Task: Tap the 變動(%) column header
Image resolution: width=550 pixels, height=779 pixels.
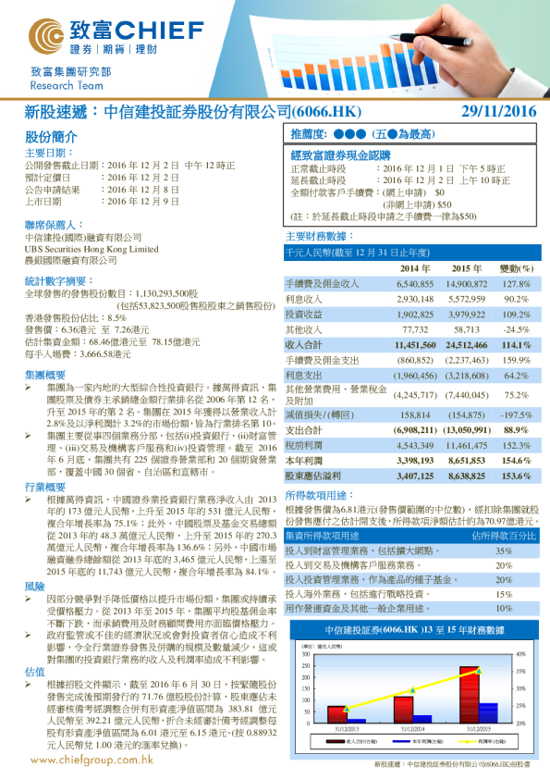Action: [515, 268]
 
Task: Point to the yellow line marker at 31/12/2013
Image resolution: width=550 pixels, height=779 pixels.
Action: [346, 710]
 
